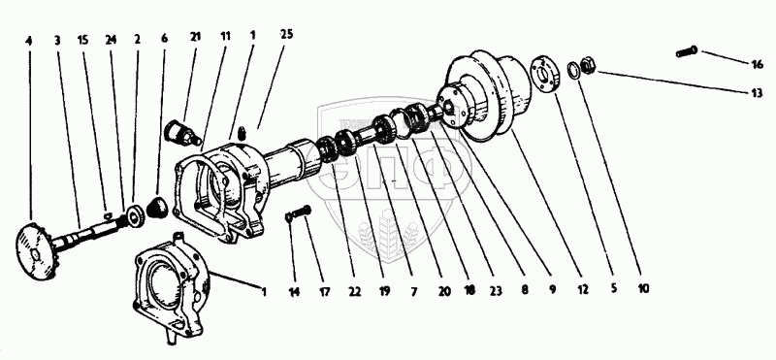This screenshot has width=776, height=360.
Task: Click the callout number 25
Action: pyautogui.click(x=286, y=34)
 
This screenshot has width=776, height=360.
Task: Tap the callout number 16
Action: pyautogui.click(x=758, y=64)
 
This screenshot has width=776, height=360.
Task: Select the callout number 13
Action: pyautogui.click(x=757, y=93)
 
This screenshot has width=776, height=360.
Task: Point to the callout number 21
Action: pyautogui.click(x=196, y=37)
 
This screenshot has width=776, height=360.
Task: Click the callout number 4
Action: pyautogui.click(x=29, y=41)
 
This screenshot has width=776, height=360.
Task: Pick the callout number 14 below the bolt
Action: pyautogui.click(x=295, y=292)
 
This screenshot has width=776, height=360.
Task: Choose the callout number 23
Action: pyautogui.click(x=497, y=291)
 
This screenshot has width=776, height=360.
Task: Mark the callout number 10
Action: pyautogui.click(x=643, y=289)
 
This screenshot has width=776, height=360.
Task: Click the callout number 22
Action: pyautogui.click(x=354, y=292)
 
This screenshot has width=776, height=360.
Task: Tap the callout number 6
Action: pyautogui.click(x=165, y=38)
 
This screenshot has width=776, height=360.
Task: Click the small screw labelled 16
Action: pyautogui.click(x=687, y=51)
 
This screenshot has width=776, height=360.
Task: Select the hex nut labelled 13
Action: pyautogui.click(x=589, y=65)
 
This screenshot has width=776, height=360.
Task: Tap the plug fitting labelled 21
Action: pyautogui.click(x=182, y=133)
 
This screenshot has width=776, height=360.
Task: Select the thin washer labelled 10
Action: pyautogui.click(x=573, y=70)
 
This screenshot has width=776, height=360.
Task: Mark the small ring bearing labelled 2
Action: pyautogui.click(x=135, y=218)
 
